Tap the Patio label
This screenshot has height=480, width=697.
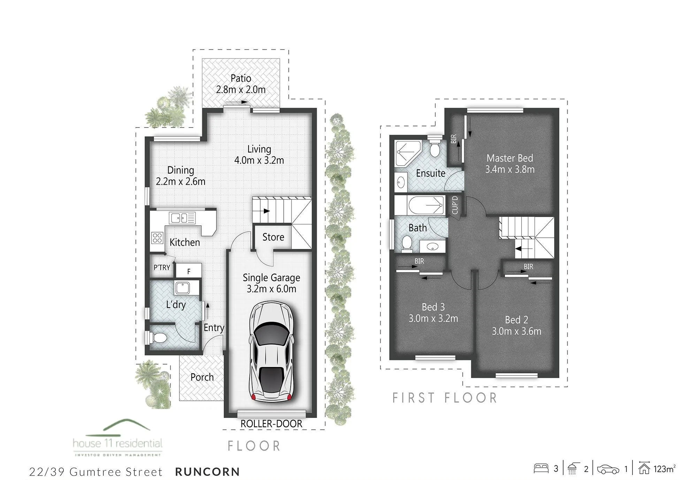click(241, 78)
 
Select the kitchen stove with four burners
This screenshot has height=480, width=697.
click(157, 237)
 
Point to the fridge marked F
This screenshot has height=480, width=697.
click(189, 271)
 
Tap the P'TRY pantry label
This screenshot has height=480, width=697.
click(162, 267)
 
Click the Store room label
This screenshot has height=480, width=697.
click(273, 237)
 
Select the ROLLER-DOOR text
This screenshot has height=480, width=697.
click(271, 424)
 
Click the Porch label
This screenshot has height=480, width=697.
click(202, 377)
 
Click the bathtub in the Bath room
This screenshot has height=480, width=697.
click(426, 206)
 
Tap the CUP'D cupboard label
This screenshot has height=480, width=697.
click(455, 205)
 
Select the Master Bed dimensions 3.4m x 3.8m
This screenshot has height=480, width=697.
click(510, 169)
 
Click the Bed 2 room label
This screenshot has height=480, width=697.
click(516, 320)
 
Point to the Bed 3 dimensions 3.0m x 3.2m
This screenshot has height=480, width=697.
click(433, 318)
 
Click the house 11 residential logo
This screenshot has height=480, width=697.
click(117, 438)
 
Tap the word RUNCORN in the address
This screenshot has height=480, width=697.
click(208, 472)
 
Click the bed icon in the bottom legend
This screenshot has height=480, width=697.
click(541, 468)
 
